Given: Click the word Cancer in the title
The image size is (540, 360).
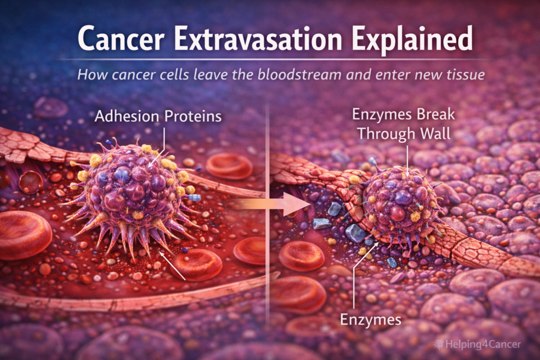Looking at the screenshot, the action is (x=121, y=38).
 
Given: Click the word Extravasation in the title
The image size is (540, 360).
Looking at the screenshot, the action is (x=258, y=38).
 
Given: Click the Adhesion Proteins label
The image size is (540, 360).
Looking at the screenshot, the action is (x=158, y=116).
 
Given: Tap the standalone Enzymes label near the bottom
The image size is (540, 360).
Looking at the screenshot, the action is (x=371, y=320).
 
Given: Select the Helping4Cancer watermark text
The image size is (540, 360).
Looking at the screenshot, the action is (x=483, y=344).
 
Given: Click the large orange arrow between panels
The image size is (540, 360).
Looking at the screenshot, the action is (x=272, y=204).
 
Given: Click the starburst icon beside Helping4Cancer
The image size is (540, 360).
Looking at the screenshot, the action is (x=438, y=344).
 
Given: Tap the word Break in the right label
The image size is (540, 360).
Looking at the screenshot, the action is (x=436, y=114).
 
